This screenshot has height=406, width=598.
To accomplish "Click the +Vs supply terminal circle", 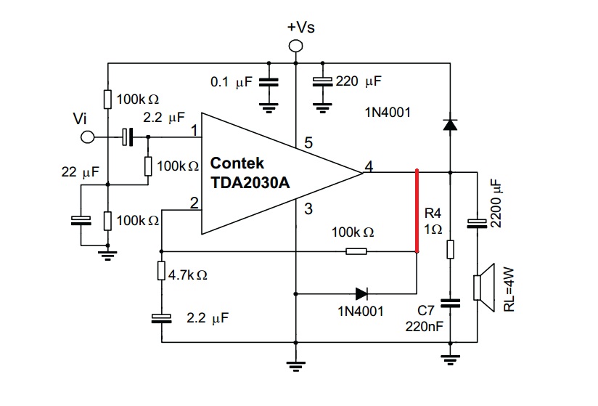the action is click(x=295, y=46).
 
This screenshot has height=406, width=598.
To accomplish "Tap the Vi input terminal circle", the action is click(x=88, y=137).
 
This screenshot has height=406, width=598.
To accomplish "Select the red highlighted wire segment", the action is click(x=417, y=211).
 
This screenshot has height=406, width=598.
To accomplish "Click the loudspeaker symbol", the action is click(x=484, y=288).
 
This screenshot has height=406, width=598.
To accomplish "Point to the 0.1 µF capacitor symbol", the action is click(x=269, y=82).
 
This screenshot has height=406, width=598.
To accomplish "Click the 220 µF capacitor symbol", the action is click(x=323, y=82).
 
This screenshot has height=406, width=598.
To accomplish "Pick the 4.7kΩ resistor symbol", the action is click(x=161, y=270).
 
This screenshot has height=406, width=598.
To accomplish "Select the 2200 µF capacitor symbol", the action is click(x=477, y=224).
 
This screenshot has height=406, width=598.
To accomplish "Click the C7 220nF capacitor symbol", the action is click(x=451, y=304).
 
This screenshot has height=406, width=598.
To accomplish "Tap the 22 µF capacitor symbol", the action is click(x=81, y=221).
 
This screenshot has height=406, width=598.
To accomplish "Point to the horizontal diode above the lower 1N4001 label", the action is click(x=361, y=294).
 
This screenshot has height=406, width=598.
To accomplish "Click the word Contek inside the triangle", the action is click(x=237, y=163).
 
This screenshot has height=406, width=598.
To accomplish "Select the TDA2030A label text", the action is click(x=250, y=183).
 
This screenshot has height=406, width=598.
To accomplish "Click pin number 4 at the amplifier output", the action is click(x=369, y=166).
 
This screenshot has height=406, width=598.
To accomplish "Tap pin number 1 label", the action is click(x=194, y=131).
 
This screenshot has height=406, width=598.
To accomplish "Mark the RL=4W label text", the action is click(x=509, y=290).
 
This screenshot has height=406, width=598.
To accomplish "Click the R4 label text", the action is click(x=433, y=213).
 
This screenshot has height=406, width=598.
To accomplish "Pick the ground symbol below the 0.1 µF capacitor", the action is click(x=269, y=107).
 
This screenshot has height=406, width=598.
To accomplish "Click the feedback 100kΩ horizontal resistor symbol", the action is click(x=356, y=251).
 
